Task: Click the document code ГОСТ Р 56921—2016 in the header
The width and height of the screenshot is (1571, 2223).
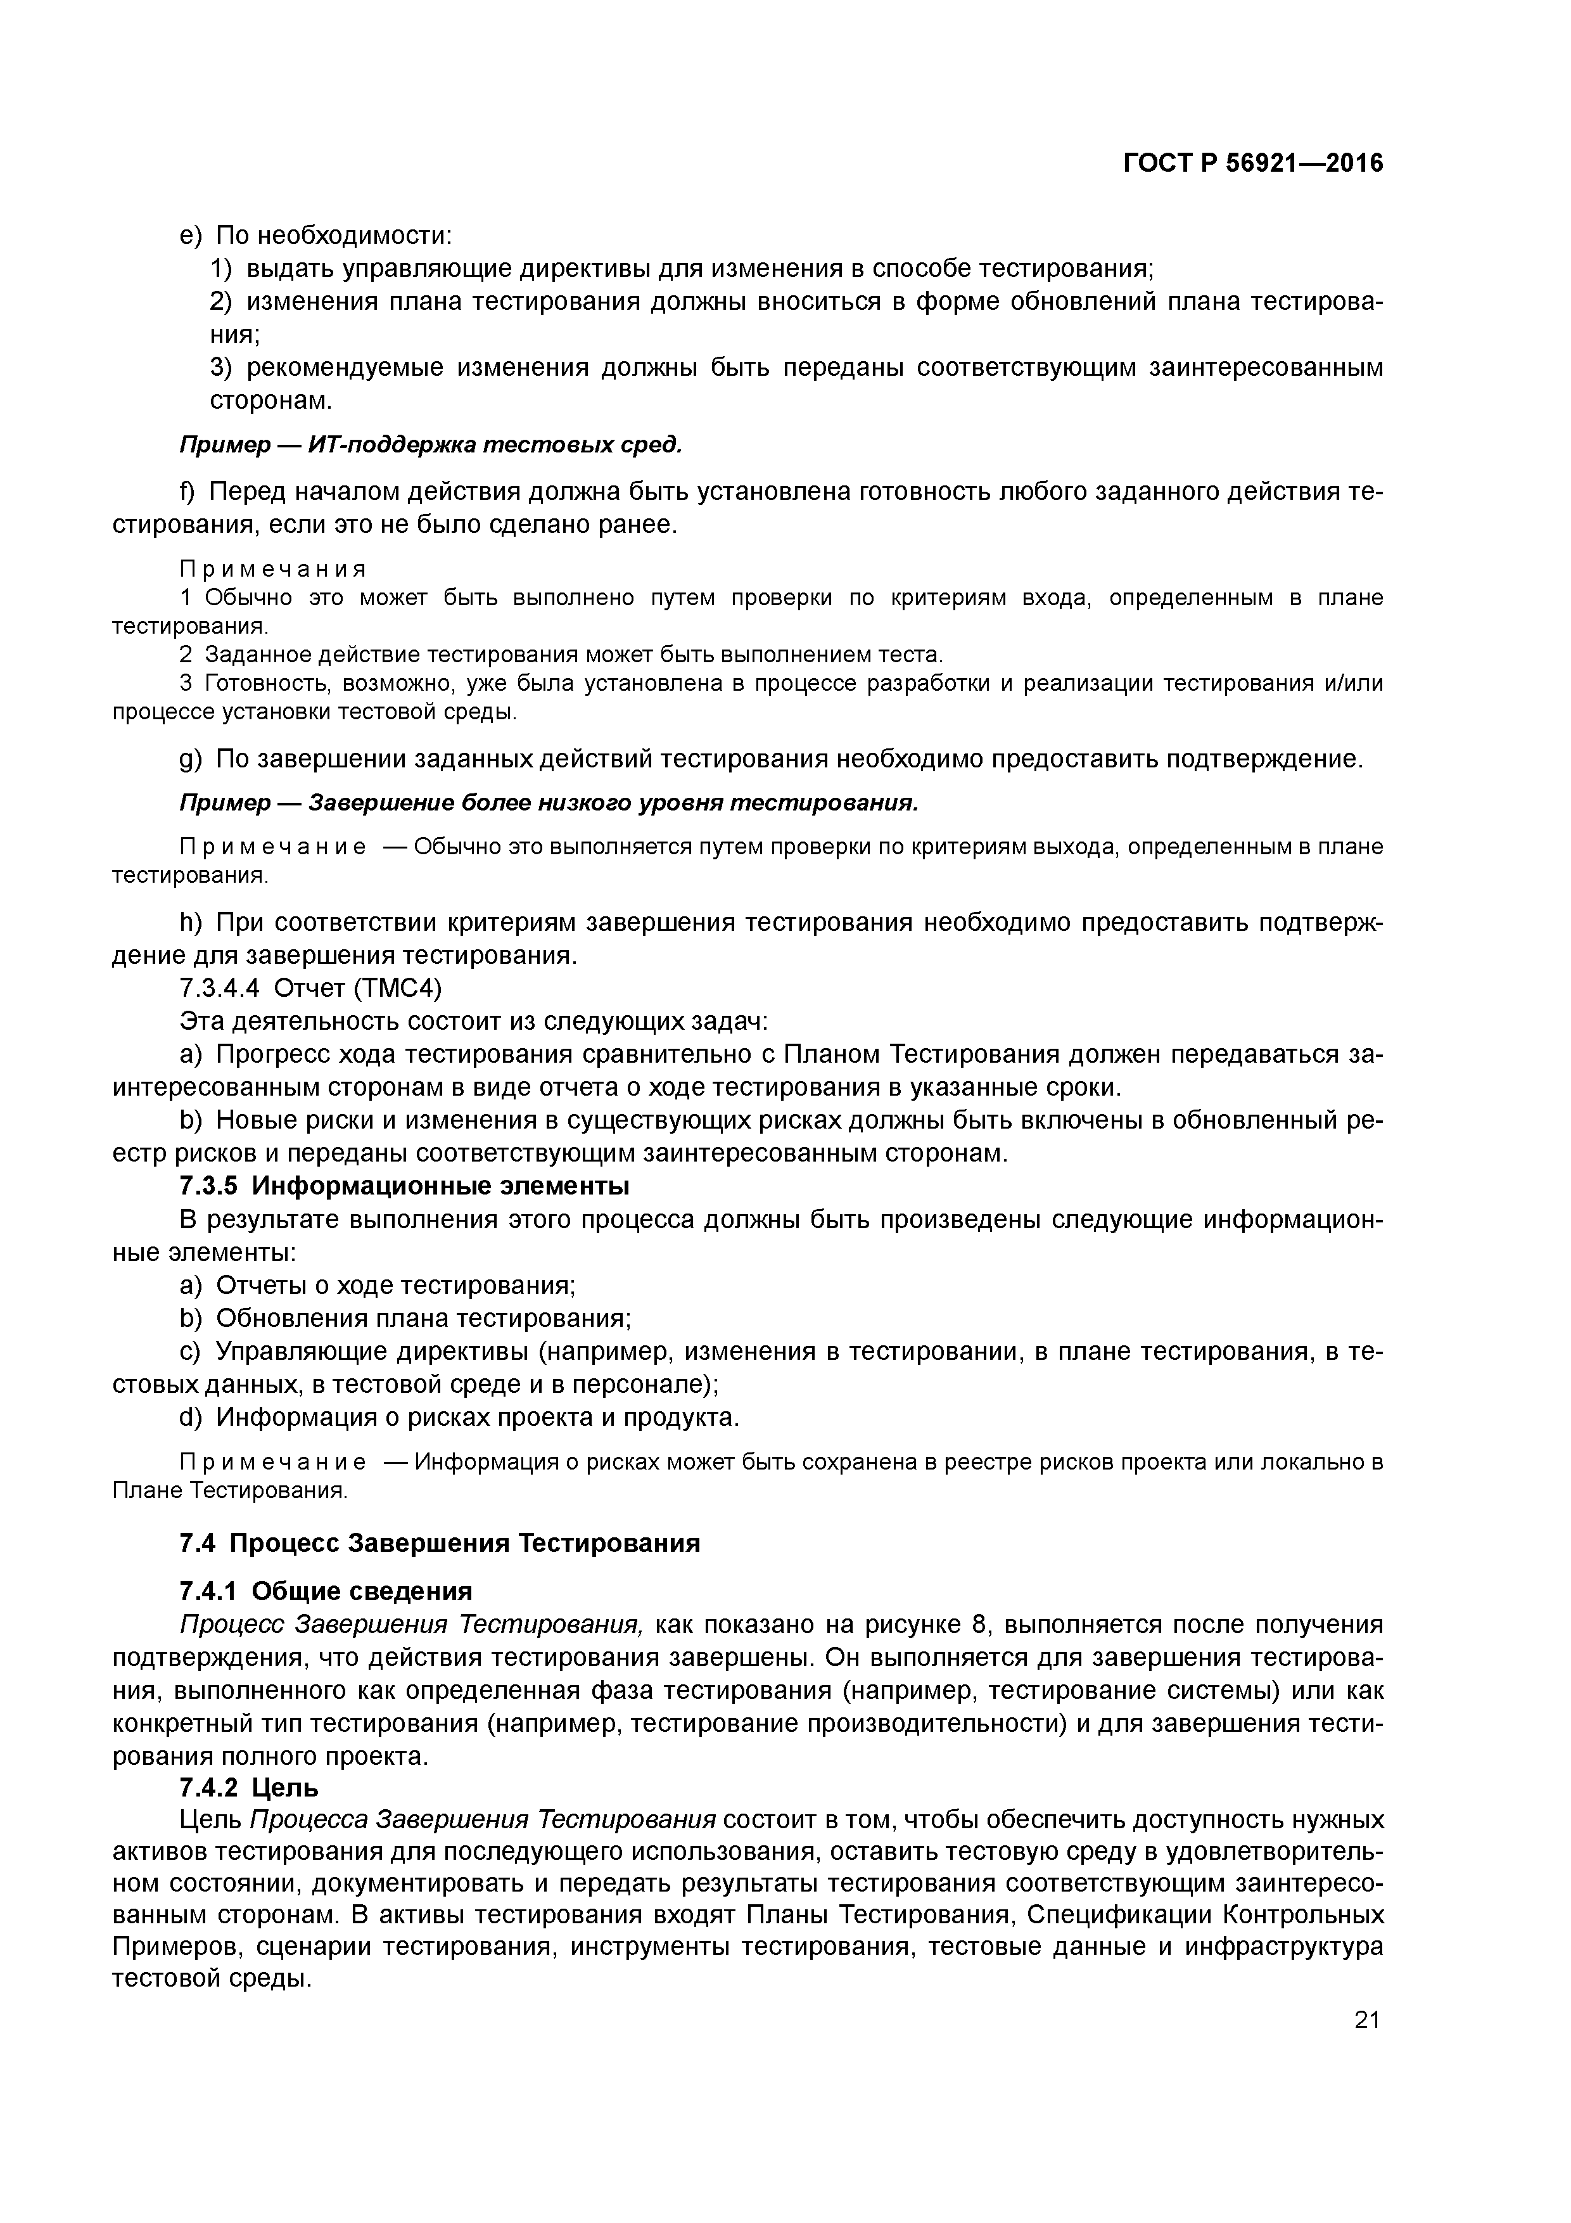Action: [x=1252, y=163]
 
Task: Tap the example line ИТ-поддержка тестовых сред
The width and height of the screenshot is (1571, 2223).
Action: [x=431, y=444]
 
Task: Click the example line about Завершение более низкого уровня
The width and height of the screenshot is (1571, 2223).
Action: [x=548, y=804]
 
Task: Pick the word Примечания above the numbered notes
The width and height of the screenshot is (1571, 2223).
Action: [x=273, y=569]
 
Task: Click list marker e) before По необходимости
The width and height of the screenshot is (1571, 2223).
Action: [x=192, y=235]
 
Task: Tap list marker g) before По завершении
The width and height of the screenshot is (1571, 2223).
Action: [x=192, y=759]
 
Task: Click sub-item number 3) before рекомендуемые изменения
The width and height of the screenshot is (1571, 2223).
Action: [x=222, y=368]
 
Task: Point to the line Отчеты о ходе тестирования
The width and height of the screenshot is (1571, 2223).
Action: [x=395, y=1286]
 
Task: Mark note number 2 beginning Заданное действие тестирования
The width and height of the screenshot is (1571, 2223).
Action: [x=186, y=655]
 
